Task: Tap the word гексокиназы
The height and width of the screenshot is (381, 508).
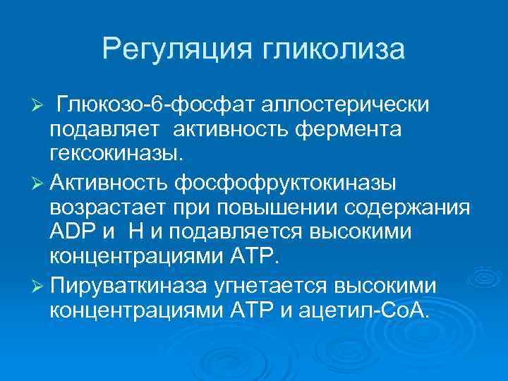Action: (109, 155)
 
